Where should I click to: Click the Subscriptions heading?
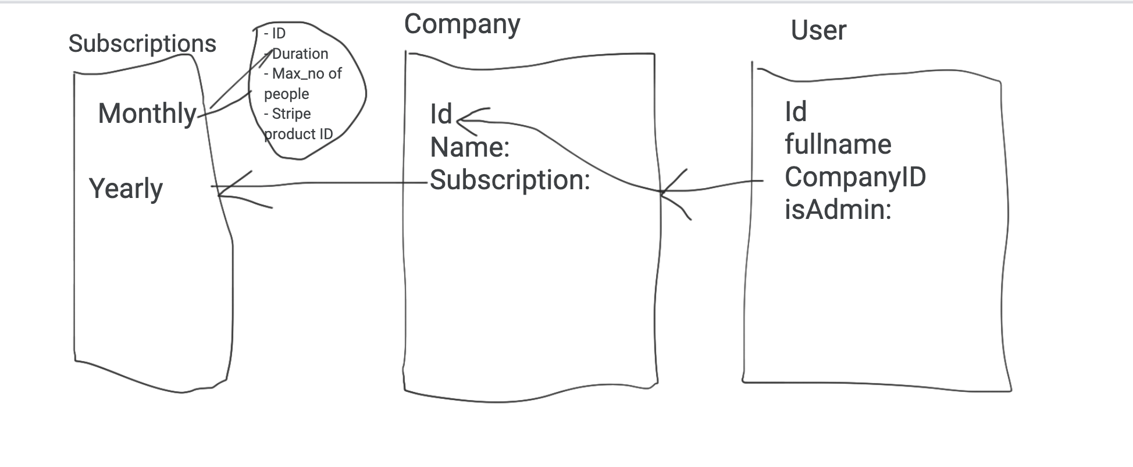coord(142,44)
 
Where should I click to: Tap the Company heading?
coord(462,25)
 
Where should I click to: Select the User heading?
coord(818,30)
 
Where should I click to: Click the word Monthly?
coord(148,114)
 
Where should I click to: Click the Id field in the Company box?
coord(441,114)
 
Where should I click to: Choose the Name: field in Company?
coord(470,147)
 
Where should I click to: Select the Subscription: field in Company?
coord(510,181)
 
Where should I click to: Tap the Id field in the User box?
coord(796,112)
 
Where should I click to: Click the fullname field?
coord(838,144)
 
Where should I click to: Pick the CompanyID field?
coord(856,177)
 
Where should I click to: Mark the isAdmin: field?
coord(838,210)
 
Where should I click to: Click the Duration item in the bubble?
coord(300,54)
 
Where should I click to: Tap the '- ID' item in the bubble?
coord(275,34)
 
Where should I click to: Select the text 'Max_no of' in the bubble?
coord(307,74)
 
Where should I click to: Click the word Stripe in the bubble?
coord(291,114)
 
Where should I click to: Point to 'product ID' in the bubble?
coord(298,135)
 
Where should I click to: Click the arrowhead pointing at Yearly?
coord(219,187)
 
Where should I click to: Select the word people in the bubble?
coord(287,94)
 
